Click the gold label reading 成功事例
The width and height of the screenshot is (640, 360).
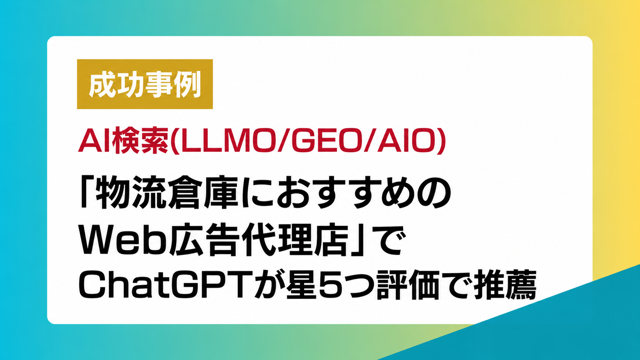[145, 84]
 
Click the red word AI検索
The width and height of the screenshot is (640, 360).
[123, 141]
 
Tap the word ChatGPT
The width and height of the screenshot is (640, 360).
[166, 285]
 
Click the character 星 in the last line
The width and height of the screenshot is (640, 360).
[300, 285]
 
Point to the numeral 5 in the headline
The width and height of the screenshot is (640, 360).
[330, 285]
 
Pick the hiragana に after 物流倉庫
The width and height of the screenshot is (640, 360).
[257, 192]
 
